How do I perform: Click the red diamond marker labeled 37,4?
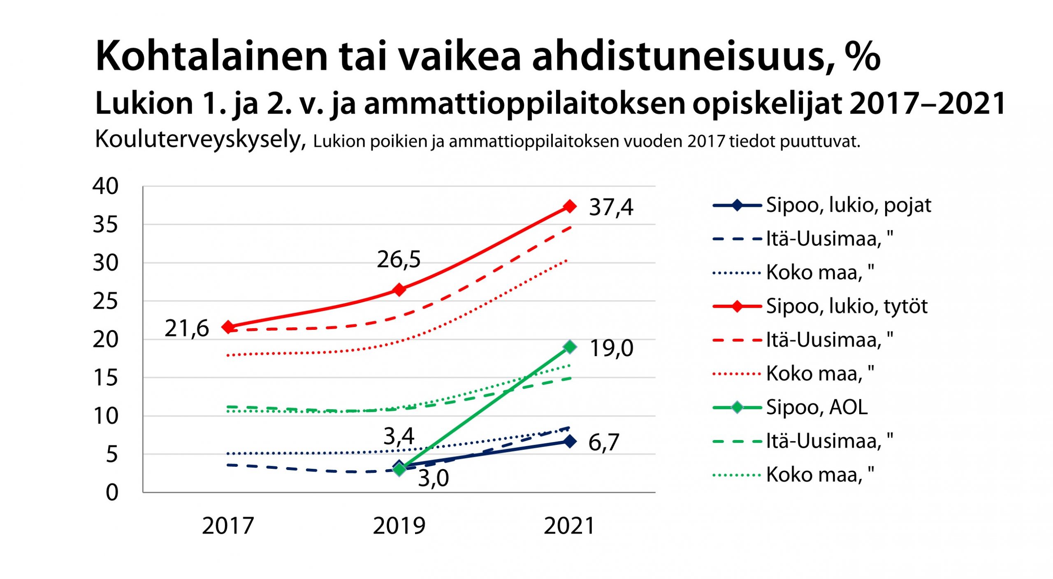click(570, 206)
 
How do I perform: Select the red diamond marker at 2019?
click(399, 289)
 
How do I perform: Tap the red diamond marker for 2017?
click(228, 327)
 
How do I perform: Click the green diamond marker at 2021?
click(570, 347)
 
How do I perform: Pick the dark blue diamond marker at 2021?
click(570, 441)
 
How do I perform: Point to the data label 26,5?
click(399, 259)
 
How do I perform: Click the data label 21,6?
click(187, 329)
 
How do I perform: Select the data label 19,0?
click(611, 348)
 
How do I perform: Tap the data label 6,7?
click(603, 442)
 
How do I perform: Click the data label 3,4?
click(399, 436)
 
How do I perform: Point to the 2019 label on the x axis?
click(399, 526)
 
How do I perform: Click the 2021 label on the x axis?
click(569, 526)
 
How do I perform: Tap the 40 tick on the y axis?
click(105, 186)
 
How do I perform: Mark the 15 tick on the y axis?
click(105, 378)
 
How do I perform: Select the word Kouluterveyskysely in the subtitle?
click(200, 140)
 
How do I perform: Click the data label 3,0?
click(433, 478)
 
